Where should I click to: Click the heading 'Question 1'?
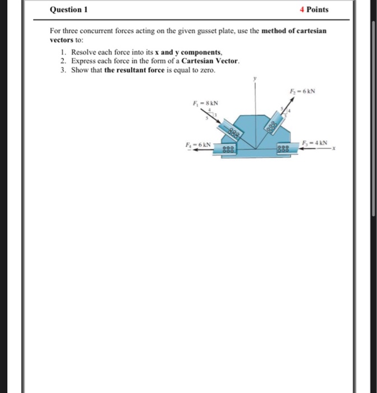click(x=69, y=10)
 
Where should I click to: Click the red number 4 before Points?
click(x=301, y=10)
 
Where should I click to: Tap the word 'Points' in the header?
click(x=318, y=10)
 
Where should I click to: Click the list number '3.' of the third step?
click(x=63, y=70)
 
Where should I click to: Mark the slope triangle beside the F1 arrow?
click(x=211, y=115)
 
